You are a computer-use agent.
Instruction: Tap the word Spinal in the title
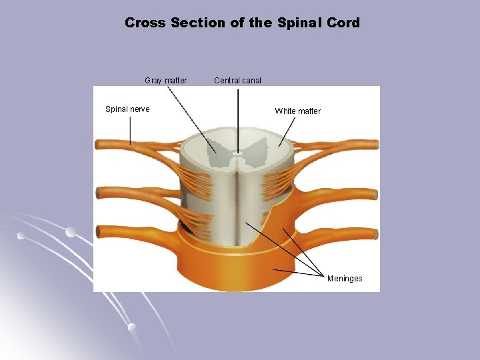click(x=298, y=23)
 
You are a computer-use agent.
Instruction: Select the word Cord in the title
click(x=343, y=23)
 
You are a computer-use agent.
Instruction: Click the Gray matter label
click(x=166, y=81)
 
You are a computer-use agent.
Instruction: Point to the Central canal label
click(x=238, y=81)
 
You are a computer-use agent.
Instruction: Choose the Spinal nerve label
click(x=127, y=109)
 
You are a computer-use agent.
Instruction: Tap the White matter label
click(x=298, y=111)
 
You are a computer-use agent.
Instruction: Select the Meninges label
click(x=345, y=279)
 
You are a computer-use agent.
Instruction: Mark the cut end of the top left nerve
click(x=97, y=143)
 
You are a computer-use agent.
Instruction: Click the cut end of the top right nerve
click(x=377, y=144)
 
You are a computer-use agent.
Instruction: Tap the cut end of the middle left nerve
click(x=97, y=193)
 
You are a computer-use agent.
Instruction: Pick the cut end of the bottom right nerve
click(x=377, y=233)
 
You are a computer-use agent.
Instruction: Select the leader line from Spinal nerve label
click(x=130, y=130)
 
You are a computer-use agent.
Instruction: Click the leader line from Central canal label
click(x=238, y=120)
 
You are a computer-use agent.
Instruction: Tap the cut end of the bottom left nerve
click(x=97, y=231)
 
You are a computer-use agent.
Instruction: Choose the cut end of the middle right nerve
click(x=377, y=195)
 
